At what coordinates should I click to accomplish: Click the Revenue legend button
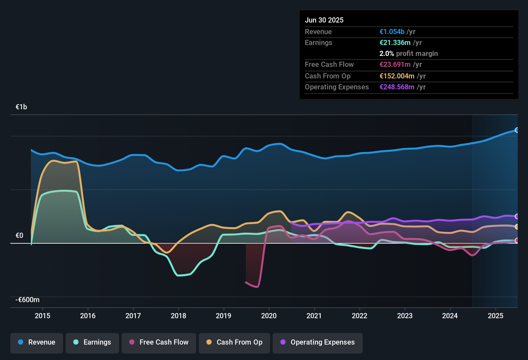[x=37, y=342]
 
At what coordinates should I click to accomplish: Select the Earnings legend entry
[x=92, y=342]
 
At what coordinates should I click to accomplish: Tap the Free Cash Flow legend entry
[x=159, y=342]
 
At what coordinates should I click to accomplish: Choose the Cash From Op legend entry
[x=234, y=342]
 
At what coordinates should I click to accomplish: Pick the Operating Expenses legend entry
[x=318, y=342]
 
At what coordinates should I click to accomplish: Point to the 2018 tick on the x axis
[x=178, y=316]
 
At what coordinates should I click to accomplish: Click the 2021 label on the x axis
[x=314, y=316]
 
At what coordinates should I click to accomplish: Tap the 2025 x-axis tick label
[x=496, y=316]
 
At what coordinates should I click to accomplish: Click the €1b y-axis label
[x=22, y=107]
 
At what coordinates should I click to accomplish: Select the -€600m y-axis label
[x=28, y=300]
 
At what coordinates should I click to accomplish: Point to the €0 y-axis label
[x=20, y=236]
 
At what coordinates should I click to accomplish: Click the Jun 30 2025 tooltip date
[x=324, y=20]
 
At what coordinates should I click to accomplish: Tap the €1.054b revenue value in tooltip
[x=392, y=32]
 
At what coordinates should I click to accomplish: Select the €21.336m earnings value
[x=395, y=42]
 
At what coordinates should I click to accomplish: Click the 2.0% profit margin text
[x=408, y=53]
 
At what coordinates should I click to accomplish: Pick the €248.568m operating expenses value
[x=397, y=87]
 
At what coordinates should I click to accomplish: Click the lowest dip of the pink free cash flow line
[x=257, y=287]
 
